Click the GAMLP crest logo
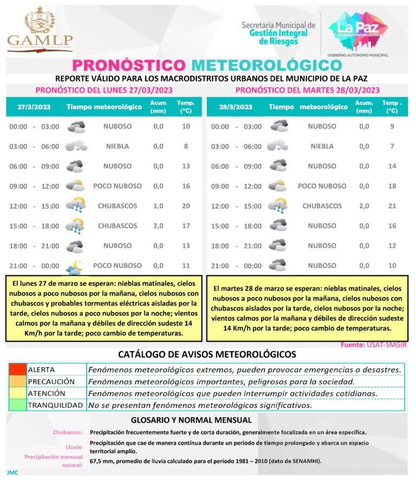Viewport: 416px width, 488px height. pos(40,28)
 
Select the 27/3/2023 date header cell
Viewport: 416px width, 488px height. pos(34,107)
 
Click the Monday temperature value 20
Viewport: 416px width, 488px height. pos(186,206)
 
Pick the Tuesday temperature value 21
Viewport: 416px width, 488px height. pos(392,206)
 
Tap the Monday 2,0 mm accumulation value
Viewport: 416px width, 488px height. pos(158,226)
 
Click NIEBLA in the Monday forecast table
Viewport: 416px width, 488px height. pos(117,146)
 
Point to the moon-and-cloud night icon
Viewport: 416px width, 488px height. pos(75,266)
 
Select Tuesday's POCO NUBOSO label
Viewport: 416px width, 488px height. pos(322,186)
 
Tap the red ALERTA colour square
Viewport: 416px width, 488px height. pos(17,370)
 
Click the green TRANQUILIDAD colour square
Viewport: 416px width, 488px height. pos(17,405)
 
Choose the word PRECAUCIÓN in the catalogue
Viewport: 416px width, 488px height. pos(51,381)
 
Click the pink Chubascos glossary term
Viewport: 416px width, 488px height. pos(68,433)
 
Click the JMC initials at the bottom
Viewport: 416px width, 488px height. pos(12,472)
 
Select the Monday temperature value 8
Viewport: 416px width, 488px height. pos(186,146)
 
